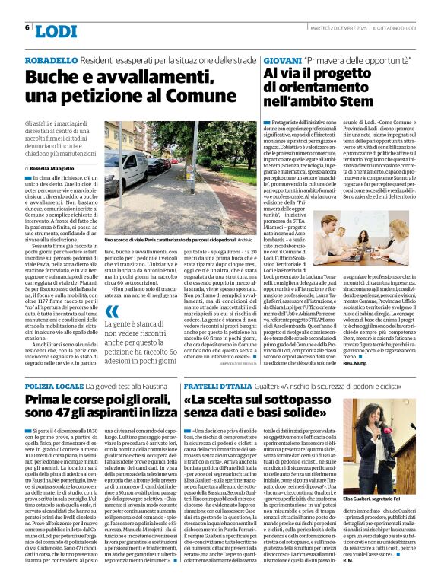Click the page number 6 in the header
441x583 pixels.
click(27, 27)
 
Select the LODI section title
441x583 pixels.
click(56, 30)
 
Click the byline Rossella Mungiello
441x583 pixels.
click(56, 167)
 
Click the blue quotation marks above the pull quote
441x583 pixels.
click(113, 311)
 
